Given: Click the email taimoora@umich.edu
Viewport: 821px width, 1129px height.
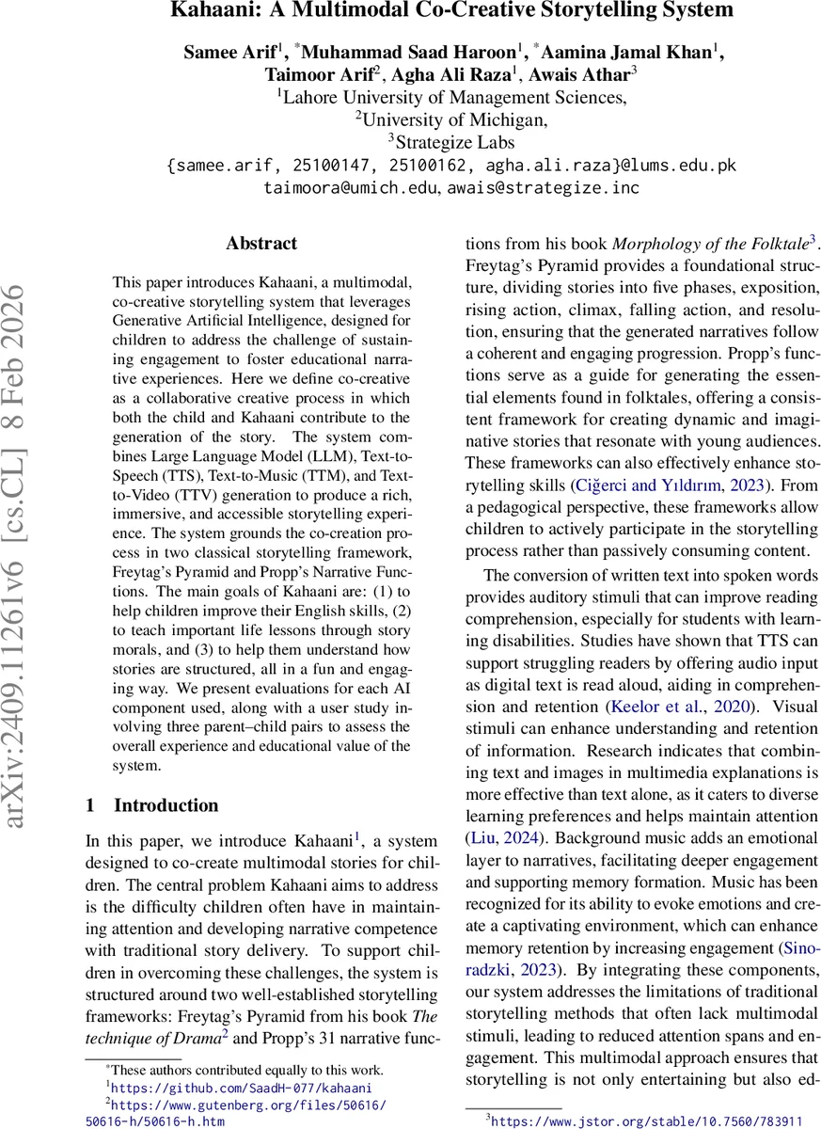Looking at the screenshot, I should pos(351,188).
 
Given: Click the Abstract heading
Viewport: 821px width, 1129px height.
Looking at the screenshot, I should pos(261,244).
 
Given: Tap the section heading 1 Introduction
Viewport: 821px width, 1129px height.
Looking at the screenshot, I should pos(151,805).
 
